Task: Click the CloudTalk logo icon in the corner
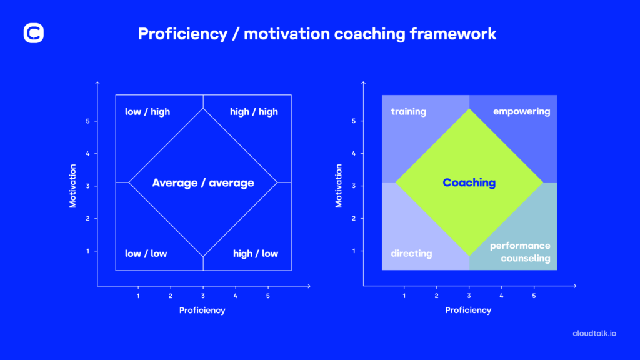(x=34, y=33)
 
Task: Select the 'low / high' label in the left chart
(x=147, y=112)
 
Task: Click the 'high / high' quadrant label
(x=254, y=112)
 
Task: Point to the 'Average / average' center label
(x=203, y=183)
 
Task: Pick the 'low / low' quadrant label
(x=146, y=254)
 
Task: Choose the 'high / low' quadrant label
(x=256, y=254)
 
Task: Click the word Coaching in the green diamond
(x=469, y=183)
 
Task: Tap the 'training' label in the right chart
(x=408, y=112)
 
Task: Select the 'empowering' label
(x=521, y=112)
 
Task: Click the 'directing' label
(x=411, y=254)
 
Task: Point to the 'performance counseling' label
(x=520, y=252)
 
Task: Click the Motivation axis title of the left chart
(x=73, y=186)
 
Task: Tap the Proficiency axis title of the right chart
(x=468, y=310)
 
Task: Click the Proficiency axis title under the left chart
(x=202, y=310)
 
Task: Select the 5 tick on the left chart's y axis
(x=87, y=121)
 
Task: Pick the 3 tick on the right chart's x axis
(x=469, y=296)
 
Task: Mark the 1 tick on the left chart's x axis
(x=138, y=296)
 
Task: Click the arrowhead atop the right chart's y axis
(x=364, y=83)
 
